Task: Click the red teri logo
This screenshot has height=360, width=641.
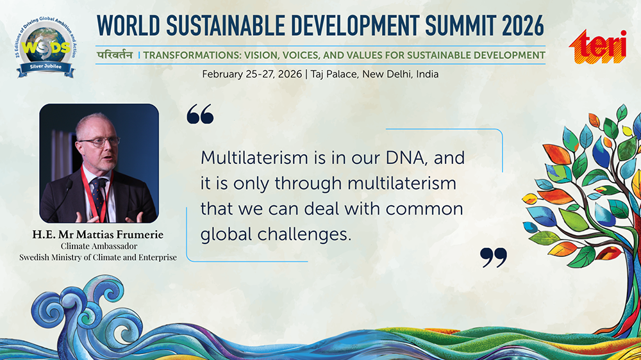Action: click(x=597, y=47)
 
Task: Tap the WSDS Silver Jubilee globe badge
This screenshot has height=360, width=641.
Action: click(x=46, y=47)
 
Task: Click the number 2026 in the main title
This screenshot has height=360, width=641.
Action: click(x=523, y=26)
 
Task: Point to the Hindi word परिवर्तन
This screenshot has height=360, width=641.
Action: click(x=115, y=54)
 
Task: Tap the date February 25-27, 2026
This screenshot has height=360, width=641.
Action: click(x=252, y=74)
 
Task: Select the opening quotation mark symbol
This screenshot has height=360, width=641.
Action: click(x=200, y=113)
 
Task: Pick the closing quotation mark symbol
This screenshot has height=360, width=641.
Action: click(x=494, y=258)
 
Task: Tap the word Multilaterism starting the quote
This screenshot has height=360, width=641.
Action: click(x=254, y=158)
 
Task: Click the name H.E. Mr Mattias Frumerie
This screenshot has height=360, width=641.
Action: click(x=98, y=234)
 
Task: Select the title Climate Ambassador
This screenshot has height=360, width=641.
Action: click(x=99, y=246)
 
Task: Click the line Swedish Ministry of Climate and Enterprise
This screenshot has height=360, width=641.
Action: click(x=98, y=258)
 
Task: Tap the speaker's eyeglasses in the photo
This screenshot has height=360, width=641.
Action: click(x=99, y=142)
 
